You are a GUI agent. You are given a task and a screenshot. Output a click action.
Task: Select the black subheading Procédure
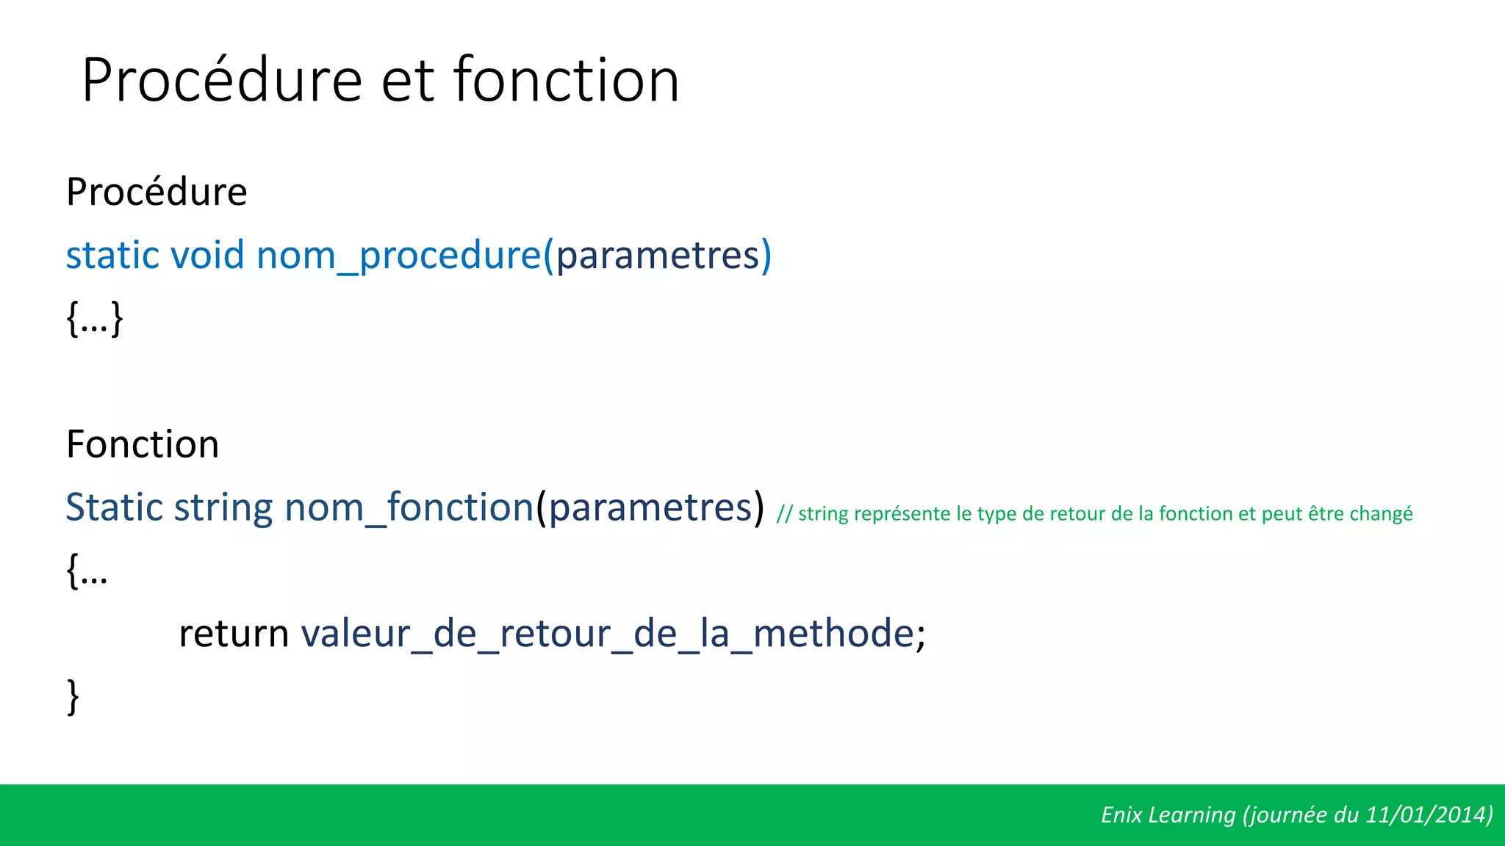click(x=157, y=192)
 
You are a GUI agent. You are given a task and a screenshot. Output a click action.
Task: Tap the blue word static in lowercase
click(x=112, y=256)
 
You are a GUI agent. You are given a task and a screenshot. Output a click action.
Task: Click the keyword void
click(x=207, y=256)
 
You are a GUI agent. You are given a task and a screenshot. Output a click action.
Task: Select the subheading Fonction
click(x=143, y=444)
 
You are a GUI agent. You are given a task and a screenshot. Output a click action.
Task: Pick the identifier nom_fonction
click(x=409, y=507)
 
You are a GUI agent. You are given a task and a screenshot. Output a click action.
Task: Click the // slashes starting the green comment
click(x=784, y=514)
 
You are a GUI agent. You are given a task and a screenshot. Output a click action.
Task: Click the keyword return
click(x=234, y=634)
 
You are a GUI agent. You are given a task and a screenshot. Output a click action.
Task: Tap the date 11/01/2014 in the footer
click(x=1426, y=815)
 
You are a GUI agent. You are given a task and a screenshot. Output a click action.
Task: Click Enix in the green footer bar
click(x=1121, y=815)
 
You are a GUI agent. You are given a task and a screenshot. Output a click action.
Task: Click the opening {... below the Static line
click(x=87, y=571)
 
